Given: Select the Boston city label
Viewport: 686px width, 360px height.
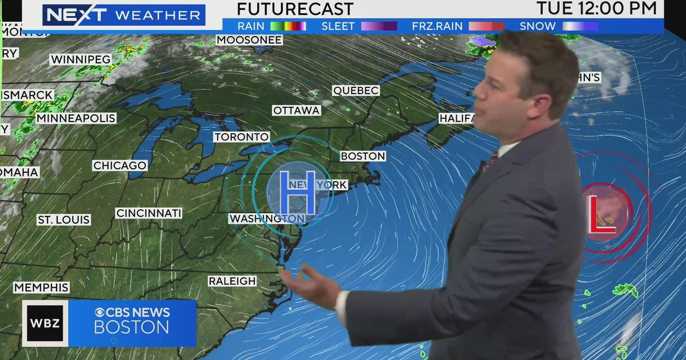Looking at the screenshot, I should (x=363, y=156).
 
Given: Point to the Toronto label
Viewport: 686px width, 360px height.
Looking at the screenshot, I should (x=242, y=137).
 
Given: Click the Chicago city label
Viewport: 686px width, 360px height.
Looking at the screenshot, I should (x=120, y=166).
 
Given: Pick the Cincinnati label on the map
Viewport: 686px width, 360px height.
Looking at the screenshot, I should (x=149, y=213).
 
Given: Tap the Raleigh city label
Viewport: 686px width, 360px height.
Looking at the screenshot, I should (x=232, y=281).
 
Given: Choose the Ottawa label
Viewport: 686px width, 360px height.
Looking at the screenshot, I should (x=296, y=110).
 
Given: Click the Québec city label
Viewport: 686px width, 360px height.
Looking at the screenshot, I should (x=356, y=91).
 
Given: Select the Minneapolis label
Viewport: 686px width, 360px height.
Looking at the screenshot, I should (x=76, y=118).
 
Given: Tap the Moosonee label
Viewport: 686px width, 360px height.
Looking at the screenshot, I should (x=249, y=40).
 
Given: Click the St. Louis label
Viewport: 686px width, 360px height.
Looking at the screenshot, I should (x=64, y=219).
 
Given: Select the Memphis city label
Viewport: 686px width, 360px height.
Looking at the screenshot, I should (x=41, y=287).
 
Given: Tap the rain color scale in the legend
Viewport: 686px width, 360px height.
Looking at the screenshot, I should (x=289, y=26).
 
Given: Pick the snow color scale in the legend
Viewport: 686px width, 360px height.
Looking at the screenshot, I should (x=580, y=26).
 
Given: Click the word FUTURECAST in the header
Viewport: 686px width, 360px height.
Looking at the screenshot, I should (x=295, y=9).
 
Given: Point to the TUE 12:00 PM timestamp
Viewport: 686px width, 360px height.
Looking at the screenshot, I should (x=596, y=8).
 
